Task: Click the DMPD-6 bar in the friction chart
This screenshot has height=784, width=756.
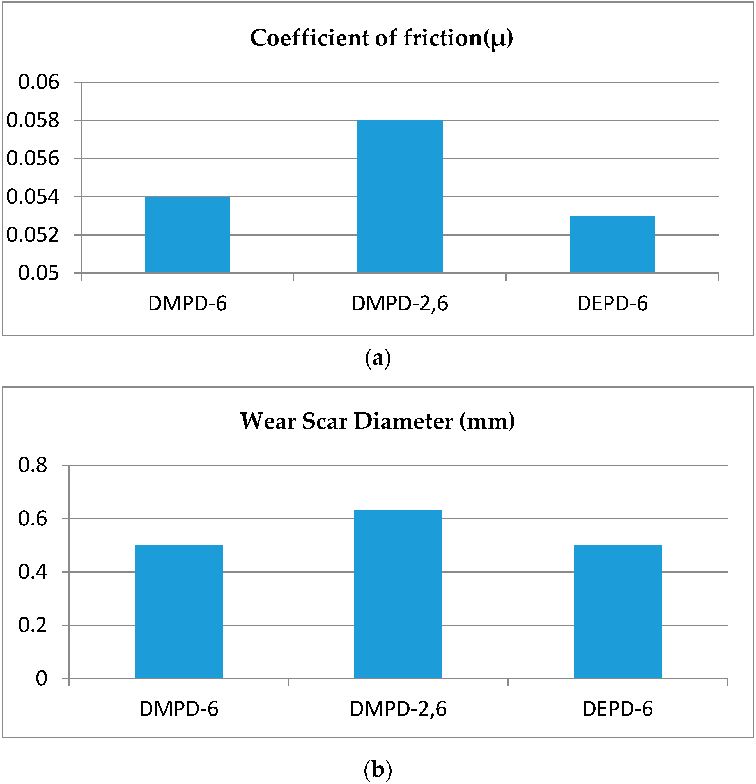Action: point(187,235)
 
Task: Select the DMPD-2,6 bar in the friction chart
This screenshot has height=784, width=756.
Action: point(400,196)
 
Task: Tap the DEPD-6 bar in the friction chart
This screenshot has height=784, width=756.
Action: point(612,245)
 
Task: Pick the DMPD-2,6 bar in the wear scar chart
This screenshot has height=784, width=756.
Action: point(398,594)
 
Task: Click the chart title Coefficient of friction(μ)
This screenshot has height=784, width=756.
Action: point(382,38)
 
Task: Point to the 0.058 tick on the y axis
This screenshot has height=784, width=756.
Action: point(33,120)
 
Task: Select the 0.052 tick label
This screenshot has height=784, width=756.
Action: point(33,235)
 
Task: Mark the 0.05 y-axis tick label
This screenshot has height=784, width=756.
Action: point(38,273)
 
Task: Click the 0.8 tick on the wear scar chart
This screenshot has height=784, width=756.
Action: point(33,465)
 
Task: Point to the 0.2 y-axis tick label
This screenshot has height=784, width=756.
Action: point(33,625)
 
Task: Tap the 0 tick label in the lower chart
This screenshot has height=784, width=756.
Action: point(41,679)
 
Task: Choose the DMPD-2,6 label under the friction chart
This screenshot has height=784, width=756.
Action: point(400,304)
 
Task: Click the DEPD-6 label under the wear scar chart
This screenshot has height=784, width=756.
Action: point(617,709)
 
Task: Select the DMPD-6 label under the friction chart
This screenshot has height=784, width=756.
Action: point(187,304)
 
